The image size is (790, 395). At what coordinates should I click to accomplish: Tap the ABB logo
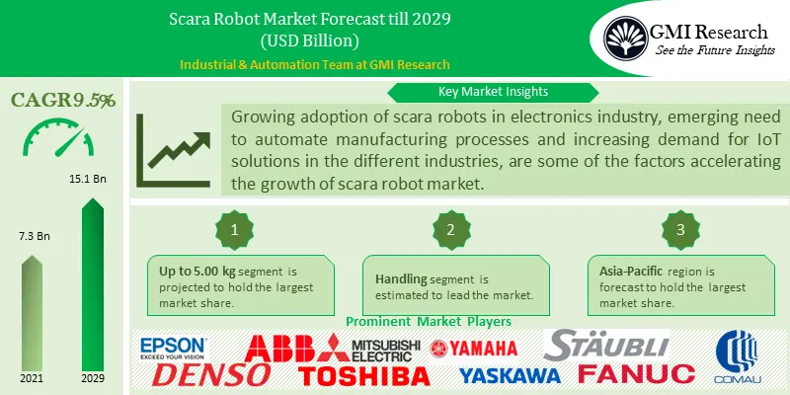[294, 349]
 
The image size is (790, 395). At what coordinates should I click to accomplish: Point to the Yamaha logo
[473, 347]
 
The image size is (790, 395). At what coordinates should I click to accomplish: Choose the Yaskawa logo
[510, 375]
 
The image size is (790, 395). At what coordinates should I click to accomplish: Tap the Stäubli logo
[608, 345]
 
